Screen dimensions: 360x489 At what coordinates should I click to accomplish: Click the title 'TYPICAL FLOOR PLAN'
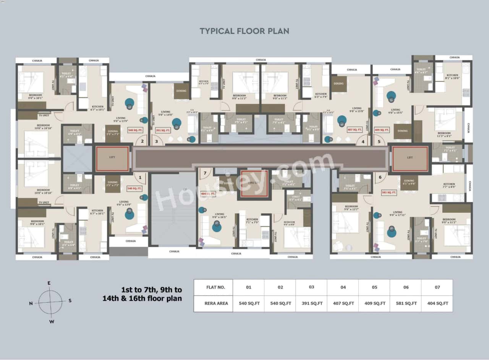click(244, 31)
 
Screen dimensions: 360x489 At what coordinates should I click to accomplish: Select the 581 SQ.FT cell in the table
click(405, 303)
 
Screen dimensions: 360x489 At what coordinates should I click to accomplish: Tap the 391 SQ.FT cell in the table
click(311, 303)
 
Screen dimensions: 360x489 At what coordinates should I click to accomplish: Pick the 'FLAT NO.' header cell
click(213, 287)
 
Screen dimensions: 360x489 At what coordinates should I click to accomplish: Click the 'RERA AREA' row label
click(213, 303)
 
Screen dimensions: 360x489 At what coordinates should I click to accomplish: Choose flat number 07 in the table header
click(437, 287)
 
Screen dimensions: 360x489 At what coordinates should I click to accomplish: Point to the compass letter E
click(49, 283)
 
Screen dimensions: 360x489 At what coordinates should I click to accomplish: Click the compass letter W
click(52, 321)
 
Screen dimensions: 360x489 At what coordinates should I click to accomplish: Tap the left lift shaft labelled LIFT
click(112, 158)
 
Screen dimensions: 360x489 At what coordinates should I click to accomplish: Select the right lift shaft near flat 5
click(410, 158)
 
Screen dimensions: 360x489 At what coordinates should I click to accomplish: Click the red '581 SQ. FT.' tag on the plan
click(389, 193)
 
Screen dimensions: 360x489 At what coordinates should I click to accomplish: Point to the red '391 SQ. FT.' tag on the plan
click(163, 130)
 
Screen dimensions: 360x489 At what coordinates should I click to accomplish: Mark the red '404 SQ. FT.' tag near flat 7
click(208, 194)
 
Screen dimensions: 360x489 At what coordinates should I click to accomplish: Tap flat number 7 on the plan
click(205, 173)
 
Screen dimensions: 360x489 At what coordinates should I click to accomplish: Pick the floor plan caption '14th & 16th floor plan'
click(142, 299)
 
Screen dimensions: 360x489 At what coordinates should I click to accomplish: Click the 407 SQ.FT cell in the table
click(343, 303)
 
